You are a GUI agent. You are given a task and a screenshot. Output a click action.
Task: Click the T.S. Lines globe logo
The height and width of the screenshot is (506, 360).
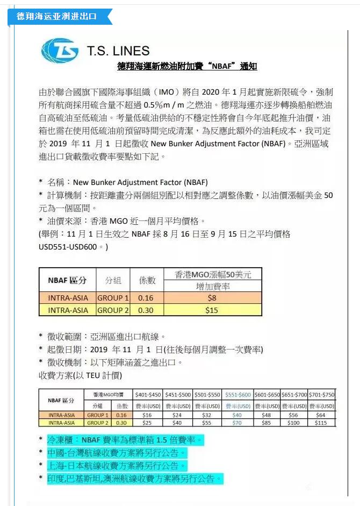tap(59, 51)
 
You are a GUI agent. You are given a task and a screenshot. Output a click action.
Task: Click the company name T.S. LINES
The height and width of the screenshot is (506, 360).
tap(118, 51)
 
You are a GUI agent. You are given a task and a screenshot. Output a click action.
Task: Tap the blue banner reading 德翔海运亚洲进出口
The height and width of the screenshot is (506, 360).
tap(56, 17)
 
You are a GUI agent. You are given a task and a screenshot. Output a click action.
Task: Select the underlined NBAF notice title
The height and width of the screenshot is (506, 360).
tap(187, 67)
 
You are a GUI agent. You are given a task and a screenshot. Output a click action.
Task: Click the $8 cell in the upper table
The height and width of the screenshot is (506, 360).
tap(212, 298)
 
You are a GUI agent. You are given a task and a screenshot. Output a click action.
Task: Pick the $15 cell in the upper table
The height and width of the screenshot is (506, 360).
tap(212, 310)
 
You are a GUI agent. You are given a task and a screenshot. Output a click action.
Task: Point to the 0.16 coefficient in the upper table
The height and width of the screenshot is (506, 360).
tap(146, 298)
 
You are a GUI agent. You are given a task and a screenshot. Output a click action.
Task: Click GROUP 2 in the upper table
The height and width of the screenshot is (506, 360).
tap(113, 310)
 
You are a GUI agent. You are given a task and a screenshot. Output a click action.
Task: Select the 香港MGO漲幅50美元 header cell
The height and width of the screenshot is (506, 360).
tap(213, 274)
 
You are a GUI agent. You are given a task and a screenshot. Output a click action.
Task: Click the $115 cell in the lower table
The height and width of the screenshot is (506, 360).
tap(321, 423)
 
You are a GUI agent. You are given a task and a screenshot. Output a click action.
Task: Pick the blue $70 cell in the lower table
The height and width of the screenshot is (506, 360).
tap(236, 423)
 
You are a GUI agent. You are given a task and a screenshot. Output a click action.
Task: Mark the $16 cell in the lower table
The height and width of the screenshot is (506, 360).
tap(148, 415)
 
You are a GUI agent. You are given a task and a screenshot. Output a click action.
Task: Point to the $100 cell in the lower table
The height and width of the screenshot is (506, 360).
tap(293, 423)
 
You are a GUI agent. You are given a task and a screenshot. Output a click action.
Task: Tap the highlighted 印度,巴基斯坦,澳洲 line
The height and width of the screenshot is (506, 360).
tap(134, 478)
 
